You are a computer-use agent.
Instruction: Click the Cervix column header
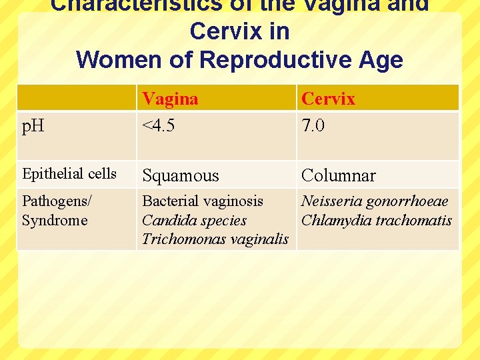click(328, 99)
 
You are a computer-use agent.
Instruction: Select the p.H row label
click(33, 125)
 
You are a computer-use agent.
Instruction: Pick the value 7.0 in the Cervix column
click(313, 125)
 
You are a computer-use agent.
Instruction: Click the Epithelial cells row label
click(69, 174)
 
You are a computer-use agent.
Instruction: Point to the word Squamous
click(180, 175)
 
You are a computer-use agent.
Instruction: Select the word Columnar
click(338, 175)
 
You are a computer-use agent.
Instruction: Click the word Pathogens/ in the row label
click(57, 201)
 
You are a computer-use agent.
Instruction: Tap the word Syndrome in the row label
click(55, 220)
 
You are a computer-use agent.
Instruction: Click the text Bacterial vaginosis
click(203, 201)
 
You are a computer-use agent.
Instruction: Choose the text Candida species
click(194, 220)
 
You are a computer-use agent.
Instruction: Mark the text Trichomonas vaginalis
click(215, 239)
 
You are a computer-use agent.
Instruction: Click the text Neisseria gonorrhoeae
click(375, 201)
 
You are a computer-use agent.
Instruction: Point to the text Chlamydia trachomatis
click(377, 220)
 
